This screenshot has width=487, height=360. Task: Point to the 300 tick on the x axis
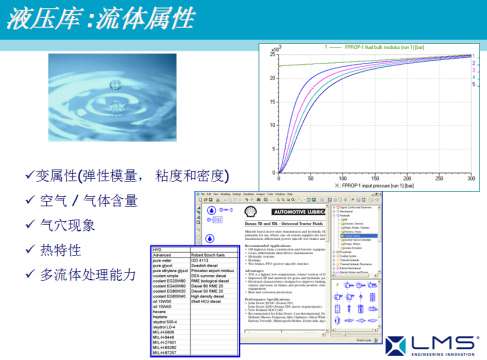[469, 179]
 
